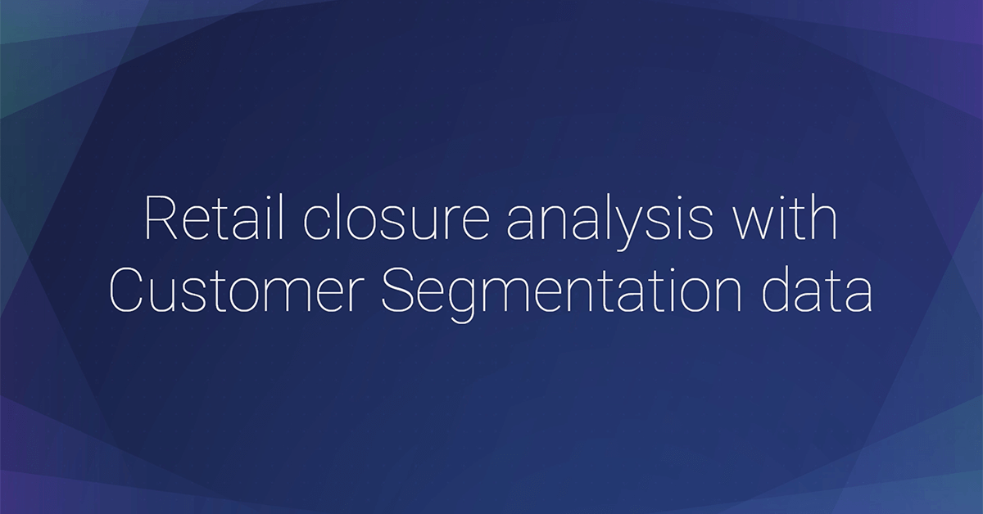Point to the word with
pos(786,219)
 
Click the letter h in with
pos(824,217)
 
